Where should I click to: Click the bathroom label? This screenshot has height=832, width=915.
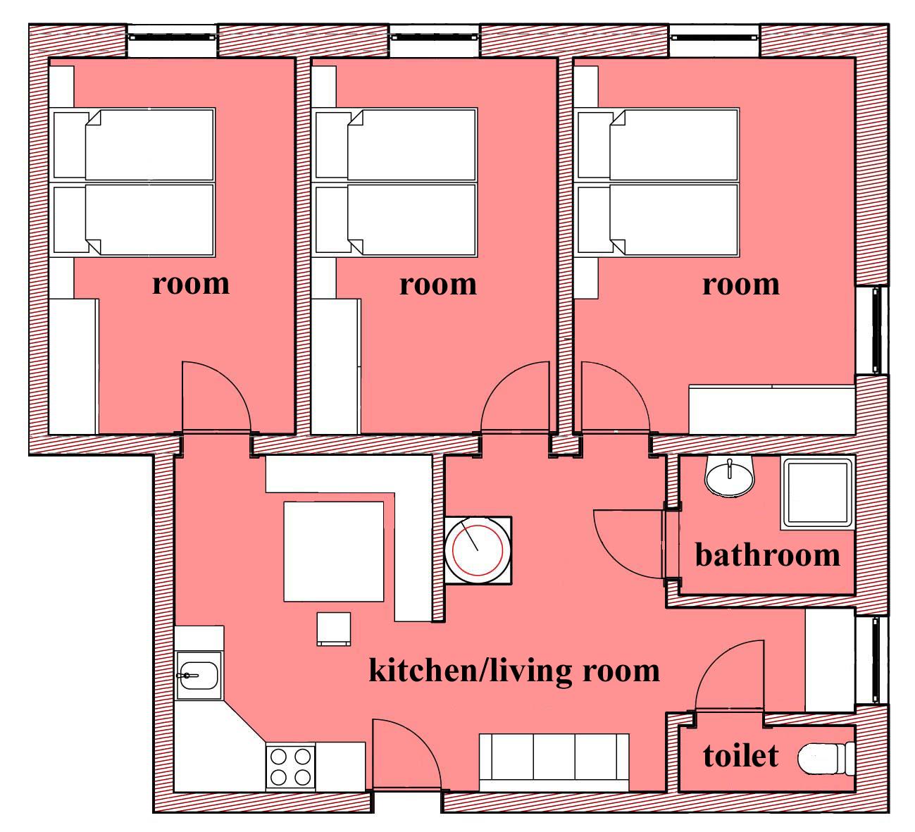coord(767,555)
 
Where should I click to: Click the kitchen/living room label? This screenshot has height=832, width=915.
coord(514,671)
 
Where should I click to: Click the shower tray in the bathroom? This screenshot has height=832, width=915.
coord(817,493)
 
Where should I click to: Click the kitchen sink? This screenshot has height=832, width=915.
coord(199,675)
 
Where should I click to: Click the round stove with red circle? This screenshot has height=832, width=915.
coord(478,550)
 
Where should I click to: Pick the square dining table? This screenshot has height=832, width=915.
coord(333,552)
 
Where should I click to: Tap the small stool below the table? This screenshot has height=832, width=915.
coord(334,629)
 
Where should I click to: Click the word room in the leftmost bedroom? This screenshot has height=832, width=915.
coord(191,285)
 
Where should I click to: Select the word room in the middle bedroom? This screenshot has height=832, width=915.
coord(438,285)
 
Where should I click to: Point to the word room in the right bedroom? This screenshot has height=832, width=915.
coord(741,285)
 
